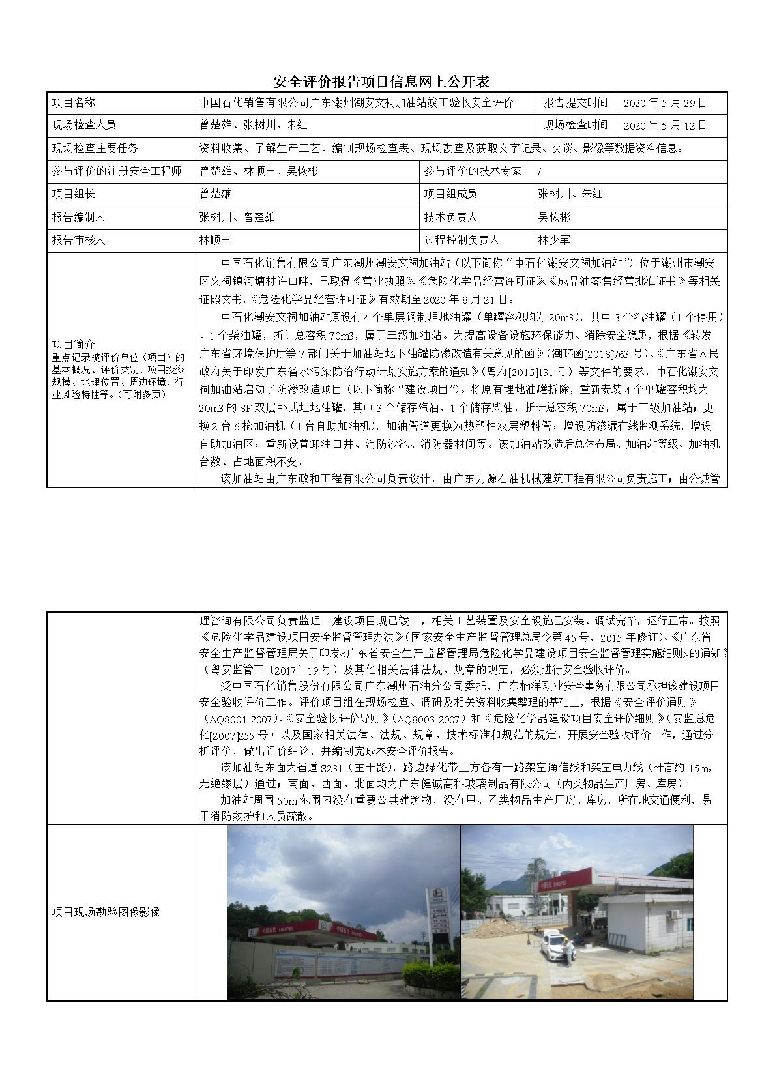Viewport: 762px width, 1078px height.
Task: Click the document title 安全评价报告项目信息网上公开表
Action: (x=381, y=81)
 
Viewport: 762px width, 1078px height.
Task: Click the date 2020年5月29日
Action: (x=665, y=103)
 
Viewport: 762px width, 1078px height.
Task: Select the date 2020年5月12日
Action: (x=665, y=126)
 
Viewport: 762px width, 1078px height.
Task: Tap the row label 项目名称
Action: (x=73, y=103)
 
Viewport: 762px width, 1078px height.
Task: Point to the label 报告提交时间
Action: (x=575, y=103)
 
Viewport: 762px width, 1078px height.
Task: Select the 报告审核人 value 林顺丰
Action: (x=215, y=240)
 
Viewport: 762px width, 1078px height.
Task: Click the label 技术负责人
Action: (x=450, y=217)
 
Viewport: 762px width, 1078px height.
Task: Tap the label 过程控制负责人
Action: (x=462, y=240)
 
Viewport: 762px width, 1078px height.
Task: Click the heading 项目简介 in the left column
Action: (x=73, y=343)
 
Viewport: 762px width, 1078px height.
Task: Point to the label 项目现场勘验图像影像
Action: (x=106, y=912)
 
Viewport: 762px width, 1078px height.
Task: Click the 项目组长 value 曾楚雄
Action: (x=215, y=194)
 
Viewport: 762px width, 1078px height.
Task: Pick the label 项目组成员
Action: (x=450, y=194)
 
